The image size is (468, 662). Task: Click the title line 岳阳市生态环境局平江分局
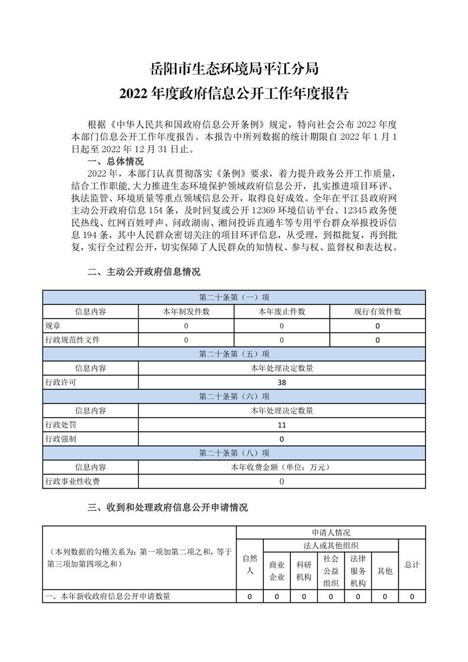(x=234, y=68)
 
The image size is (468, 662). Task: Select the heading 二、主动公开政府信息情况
(x=143, y=272)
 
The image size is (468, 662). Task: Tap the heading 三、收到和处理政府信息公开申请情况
(x=167, y=507)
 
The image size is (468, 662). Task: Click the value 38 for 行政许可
(x=282, y=382)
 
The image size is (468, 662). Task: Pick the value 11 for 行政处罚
(x=282, y=425)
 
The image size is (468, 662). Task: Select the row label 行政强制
(x=61, y=439)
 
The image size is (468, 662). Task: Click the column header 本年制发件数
(x=186, y=312)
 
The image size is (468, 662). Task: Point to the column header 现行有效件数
(x=377, y=312)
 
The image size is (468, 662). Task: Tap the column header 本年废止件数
(x=282, y=312)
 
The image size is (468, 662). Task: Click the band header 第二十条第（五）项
(x=234, y=354)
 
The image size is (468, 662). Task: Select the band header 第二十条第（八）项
(x=234, y=453)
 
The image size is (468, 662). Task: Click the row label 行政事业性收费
(x=73, y=481)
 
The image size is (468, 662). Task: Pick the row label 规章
(x=53, y=326)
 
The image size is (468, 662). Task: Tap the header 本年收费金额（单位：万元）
(x=282, y=467)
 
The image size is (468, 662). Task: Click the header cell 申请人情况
(x=331, y=532)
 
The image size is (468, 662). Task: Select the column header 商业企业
(x=277, y=571)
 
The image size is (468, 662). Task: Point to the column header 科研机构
(x=304, y=571)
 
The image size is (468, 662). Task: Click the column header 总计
(x=412, y=565)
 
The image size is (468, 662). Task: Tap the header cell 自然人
(x=250, y=564)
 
